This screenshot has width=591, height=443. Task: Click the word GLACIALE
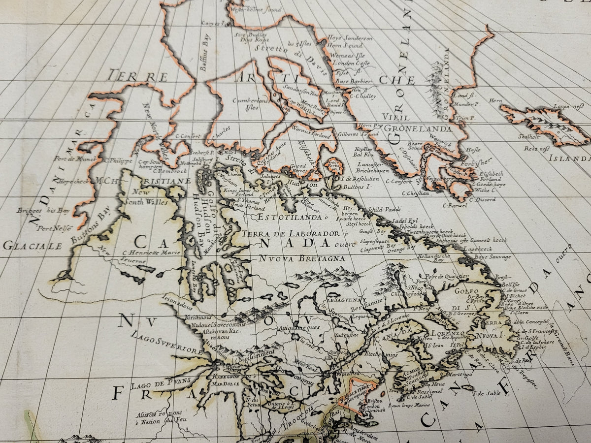[x=33, y=245]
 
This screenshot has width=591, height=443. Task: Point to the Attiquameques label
[x=299, y=327]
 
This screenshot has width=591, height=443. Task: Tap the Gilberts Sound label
[x=359, y=134]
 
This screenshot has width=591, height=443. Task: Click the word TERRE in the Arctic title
[x=137, y=77]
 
